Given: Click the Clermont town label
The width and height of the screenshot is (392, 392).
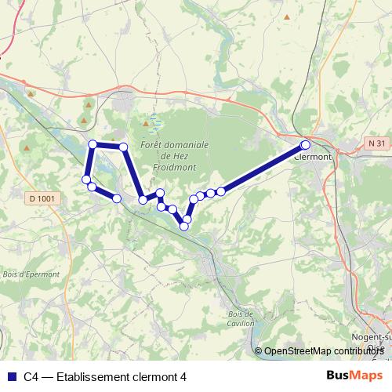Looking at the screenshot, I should tap(313, 156).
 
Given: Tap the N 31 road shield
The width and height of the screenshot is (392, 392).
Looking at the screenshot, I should tap(377, 143).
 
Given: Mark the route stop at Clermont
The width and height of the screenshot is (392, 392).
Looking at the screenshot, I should tap(305, 145).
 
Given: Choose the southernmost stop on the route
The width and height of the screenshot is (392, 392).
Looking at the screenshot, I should tap(184, 226).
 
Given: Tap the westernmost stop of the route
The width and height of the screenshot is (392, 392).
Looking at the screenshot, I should tap(85, 180).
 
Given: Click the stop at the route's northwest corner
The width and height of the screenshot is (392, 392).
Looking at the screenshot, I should tap(93, 144).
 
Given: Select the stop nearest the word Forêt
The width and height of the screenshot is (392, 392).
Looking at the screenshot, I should tap(123, 147).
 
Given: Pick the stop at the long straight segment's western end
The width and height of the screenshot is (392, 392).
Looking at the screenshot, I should tap(221, 191).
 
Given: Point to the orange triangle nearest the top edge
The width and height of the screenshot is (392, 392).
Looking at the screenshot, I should tap(287, 16).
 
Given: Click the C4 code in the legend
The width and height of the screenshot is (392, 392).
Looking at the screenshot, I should tap(31, 376).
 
